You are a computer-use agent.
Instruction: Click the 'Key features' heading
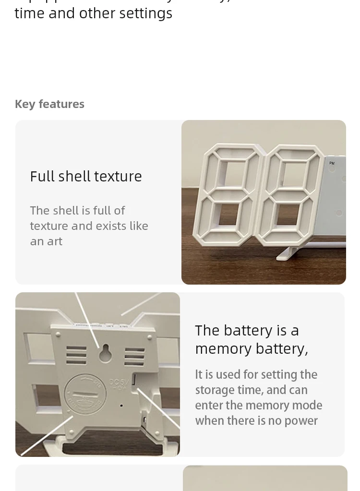point(49,104)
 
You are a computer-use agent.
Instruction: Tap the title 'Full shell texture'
point(86,177)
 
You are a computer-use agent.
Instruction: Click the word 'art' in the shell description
point(55,241)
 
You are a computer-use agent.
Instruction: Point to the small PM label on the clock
point(332,164)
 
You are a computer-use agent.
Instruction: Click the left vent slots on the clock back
point(76,356)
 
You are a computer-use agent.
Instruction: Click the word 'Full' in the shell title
point(42,177)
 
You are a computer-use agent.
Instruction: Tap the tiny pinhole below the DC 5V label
point(121,406)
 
